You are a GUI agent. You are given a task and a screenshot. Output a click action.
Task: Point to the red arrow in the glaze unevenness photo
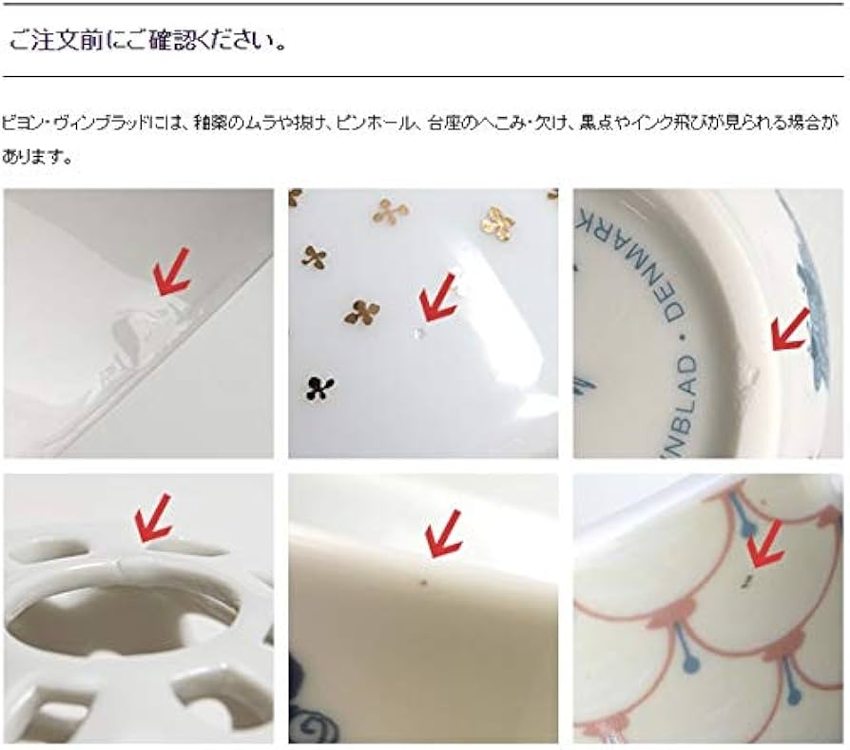[172, 272]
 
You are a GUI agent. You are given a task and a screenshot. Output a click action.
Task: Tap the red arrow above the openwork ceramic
[152, 517]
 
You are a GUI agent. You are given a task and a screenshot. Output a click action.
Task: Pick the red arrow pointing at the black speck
[442, 532]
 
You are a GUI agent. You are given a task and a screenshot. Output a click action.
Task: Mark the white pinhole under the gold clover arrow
[420, 335]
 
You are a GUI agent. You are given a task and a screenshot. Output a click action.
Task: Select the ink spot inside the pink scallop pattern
[749, 577]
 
